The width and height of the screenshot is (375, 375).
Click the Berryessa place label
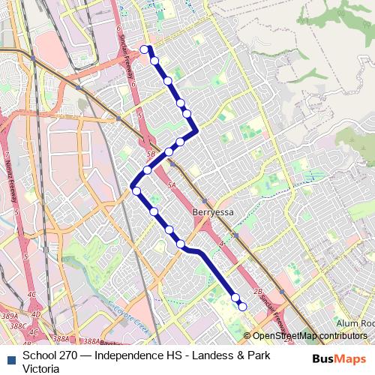tap(213, 212)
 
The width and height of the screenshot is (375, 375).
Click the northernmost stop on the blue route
tap(145, 49)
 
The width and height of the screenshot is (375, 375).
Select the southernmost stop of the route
tap(242, 306)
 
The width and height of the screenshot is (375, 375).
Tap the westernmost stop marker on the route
tap(136, 192)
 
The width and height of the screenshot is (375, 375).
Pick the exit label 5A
tap(172, 184)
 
